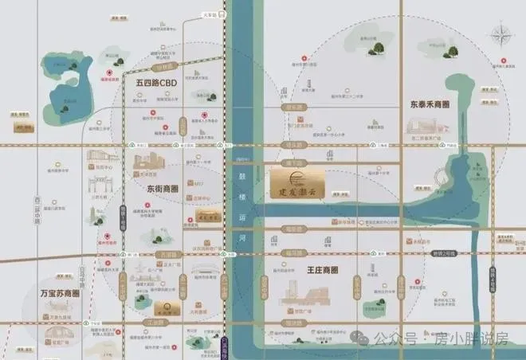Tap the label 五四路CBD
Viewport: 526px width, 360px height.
(155, 82)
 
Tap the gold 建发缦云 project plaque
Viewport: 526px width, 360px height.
(296, 182)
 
